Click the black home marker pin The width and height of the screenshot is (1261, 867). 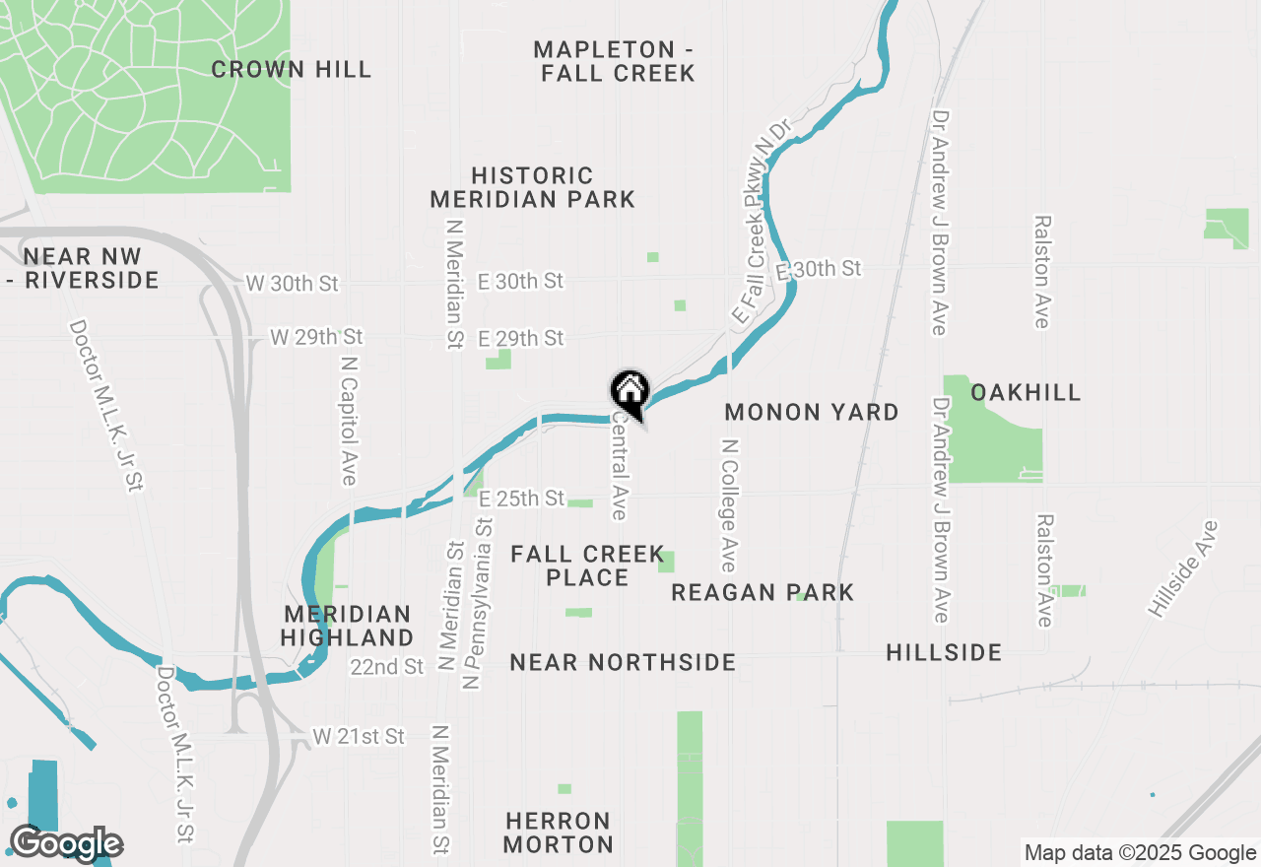point(630,393)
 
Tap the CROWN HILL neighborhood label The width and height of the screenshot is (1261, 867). point(292,69)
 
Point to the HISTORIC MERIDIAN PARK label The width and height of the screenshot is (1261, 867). point(533,187)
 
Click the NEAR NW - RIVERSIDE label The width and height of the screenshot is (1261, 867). point(83,268)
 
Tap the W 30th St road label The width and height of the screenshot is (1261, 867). point(292,284)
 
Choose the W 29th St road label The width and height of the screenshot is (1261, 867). point(317,337)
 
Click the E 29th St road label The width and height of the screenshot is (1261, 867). point(521,338)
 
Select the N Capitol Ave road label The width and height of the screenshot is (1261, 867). point(348,419)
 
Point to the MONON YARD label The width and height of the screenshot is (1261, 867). point(812,412)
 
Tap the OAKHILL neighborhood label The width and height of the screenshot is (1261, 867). point(1026,392)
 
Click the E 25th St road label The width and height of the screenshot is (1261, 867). point(521,499)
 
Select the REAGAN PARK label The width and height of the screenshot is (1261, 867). point(763,592)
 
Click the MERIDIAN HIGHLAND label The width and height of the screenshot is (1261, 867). point(347,626)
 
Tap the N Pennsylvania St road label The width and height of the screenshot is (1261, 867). point(483,600)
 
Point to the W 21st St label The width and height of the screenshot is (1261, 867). point(359,736)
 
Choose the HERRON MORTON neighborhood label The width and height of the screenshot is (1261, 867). point(560,833)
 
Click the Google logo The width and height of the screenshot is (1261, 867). point(66,844)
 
